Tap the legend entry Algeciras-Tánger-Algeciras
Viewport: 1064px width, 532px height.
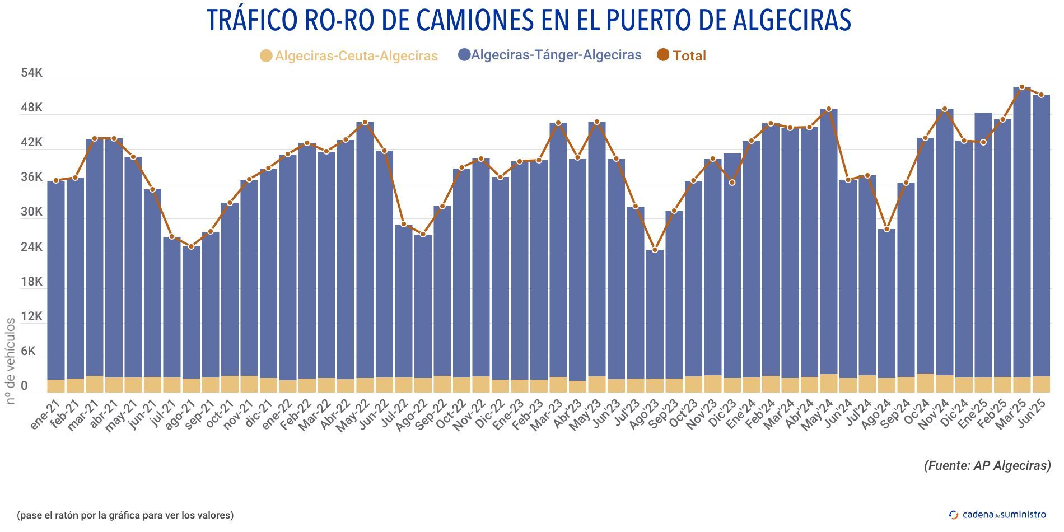point(549,55)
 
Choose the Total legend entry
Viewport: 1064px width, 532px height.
point(682,55)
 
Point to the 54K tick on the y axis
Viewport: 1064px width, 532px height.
point(31,73)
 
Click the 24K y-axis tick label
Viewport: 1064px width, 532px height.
point(31,247)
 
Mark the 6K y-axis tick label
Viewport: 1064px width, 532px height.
point(31,351)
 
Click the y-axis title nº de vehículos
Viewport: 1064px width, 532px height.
point(10,361)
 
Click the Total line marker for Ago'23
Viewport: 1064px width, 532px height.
point(655,250)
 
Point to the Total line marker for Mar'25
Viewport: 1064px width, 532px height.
point(1022,87)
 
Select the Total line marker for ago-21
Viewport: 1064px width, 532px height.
point(191,246)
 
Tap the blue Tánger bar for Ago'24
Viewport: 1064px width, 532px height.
point(886,302)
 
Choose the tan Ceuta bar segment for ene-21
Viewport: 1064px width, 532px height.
point(56,386)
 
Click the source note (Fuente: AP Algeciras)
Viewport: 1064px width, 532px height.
point(987,465)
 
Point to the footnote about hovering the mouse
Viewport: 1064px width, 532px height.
point(125,515)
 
